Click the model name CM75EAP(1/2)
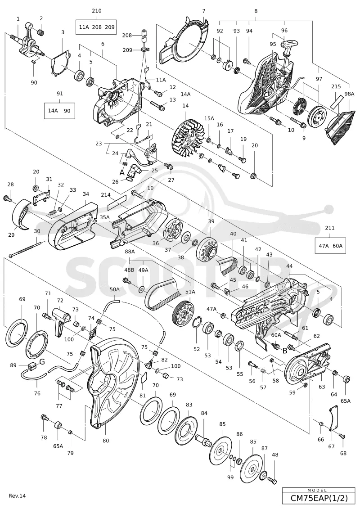319,498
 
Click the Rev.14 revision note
17,495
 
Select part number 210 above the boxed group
96,11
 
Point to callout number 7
203,11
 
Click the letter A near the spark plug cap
122,172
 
